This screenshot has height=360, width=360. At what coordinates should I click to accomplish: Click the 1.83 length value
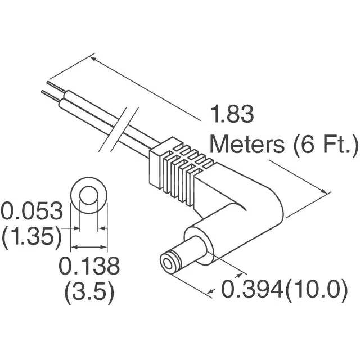tap(232, 115)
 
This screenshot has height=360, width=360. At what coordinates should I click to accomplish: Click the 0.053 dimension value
tap(31, 211)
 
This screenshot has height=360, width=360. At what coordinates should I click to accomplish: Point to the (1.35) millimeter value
tap(31, 237)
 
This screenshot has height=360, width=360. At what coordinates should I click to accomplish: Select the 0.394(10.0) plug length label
tap(282, 290)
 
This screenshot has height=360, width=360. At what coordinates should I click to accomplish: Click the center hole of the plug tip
tap(167, 264)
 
